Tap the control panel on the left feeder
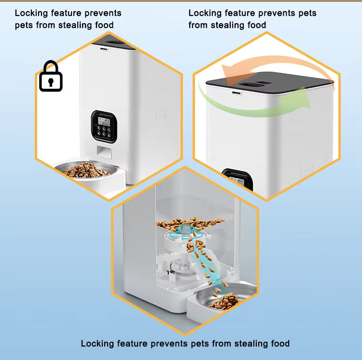[104, 126]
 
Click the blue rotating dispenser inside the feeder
[186, 232]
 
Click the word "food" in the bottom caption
[279, 344]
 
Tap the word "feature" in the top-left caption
[69, 13]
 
